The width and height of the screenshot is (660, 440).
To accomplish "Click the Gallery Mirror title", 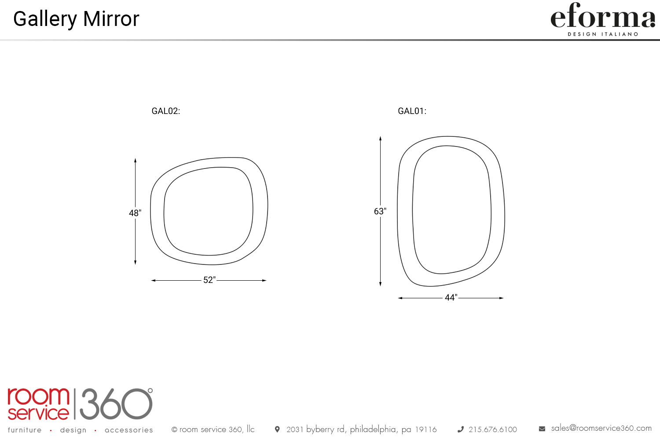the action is tap(76, 19).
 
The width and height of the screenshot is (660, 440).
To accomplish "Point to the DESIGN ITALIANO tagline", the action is tap(603, 34).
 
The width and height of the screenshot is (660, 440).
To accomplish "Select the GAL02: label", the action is tap(165, 111).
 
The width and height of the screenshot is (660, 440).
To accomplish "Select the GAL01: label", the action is tap(412, 111).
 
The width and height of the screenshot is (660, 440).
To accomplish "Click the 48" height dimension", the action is tap(135, 213).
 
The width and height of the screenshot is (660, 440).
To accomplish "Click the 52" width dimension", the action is tap(209, 280).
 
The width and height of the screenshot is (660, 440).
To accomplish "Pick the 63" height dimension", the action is tap(380, 211).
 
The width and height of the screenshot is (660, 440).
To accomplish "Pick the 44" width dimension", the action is tap(451, 297).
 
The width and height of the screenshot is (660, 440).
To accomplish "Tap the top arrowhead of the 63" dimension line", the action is tap(381, 138).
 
